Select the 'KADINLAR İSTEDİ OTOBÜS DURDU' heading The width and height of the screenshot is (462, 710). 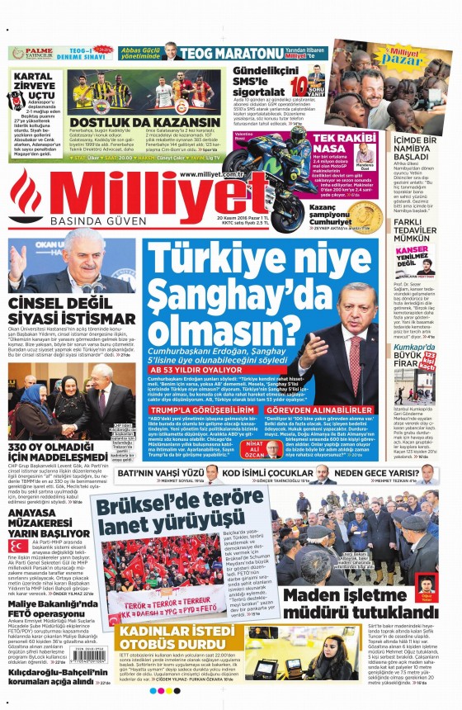pos(182,641)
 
